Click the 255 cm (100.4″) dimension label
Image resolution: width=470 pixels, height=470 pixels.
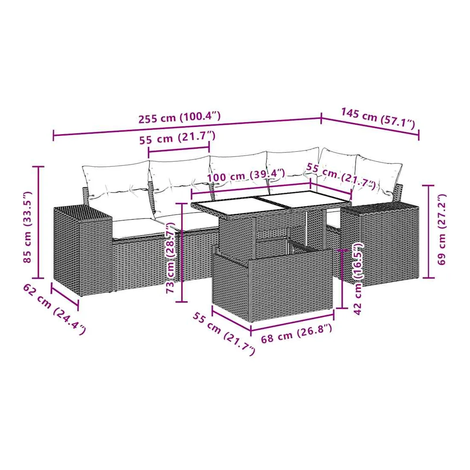(x=179, y=117)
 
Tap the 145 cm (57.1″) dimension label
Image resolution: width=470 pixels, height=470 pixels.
(x=378, y=118)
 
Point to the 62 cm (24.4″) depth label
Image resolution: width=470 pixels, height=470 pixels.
(x=54, y=309)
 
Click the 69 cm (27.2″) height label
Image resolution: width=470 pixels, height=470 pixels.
(x=441, y=229)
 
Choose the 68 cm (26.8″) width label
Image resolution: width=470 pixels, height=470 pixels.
(x=297, y=333)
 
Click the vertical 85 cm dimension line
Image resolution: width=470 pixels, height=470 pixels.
(x=38, y=223)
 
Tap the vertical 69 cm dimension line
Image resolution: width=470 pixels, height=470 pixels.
(x=428, y=232)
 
